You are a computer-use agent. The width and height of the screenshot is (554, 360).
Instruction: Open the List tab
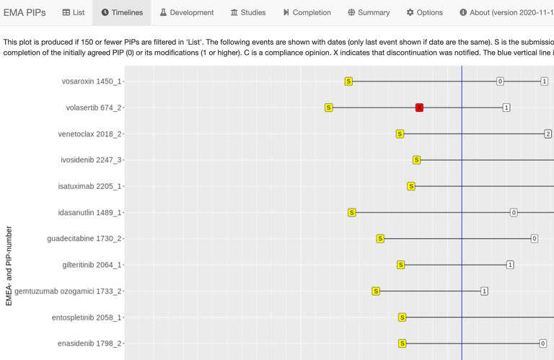(x=74, y=12)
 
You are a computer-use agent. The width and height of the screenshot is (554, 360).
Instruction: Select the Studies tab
(x=248, y=12)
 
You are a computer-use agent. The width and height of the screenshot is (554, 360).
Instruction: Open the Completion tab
(x=307, y=12)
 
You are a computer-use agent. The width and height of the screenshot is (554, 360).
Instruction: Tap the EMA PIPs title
(x=25, y=12)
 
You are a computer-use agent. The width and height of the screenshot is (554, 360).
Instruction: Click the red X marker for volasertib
(x=419, y=107)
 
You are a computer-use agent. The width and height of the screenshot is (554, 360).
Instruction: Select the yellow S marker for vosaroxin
(x=348, y=82)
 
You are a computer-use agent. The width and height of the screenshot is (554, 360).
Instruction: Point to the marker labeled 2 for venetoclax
(x=548, y=133)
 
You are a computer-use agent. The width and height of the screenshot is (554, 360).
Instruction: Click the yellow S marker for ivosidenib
(x=416, y=159)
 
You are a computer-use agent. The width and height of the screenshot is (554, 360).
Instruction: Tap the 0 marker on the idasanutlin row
(x=514, y=212)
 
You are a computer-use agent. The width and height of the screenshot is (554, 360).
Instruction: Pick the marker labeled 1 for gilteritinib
(x=510, y=265)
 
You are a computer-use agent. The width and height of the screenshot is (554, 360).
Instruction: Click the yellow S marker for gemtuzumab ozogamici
(x=376, y=291)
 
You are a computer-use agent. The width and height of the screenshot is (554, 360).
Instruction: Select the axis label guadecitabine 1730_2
(x=84, y=239)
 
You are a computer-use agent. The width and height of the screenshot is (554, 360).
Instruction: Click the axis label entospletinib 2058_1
(x=87, y=317)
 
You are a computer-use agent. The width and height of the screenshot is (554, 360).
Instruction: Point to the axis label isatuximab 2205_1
(x=89, y=186)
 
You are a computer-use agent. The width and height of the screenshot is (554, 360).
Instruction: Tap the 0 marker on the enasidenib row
(x=542, y=343)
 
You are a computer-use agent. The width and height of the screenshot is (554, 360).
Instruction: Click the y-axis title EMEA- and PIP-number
(x=9, y=265)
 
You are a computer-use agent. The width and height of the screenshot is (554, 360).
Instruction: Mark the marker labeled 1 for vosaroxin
(x=545, y=82)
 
